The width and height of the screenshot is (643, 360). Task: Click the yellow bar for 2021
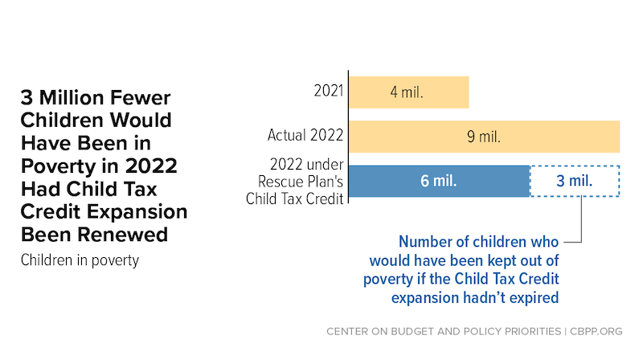pyautogui.click(x=409, y=92)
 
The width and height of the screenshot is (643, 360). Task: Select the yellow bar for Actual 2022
pyautogui.click(x=485, y=137)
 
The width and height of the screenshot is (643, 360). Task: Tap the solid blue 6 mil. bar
pyautogui.click(x=439, y=181)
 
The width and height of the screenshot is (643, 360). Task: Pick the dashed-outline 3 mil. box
pyautogui.click(x=575, y=181)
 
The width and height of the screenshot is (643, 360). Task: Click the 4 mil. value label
pyautogui.click(x=407, y=92)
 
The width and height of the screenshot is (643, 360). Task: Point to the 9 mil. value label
pyautogui.click(x=484, y=137)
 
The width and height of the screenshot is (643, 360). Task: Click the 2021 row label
pyautogui.click(x=329, y=91)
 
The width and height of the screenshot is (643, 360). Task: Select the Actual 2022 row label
pyautogui.click(x=305, y=135)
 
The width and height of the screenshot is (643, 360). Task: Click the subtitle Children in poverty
pyautogui.click(x=80, y=260)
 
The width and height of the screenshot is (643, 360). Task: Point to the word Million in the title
pyautogui.click(x=72, y=97)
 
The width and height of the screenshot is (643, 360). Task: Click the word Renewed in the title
pyautogui.click(x=123, y=235)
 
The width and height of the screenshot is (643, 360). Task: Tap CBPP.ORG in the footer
pyautogui.click(x=596, y=331)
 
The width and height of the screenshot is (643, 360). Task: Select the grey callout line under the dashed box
pyautogui.click(x=581, y=219)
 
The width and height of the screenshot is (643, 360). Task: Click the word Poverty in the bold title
pyautogui.click(x=58, y=166)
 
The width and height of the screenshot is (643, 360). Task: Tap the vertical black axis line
pyautogui.click(x=348, y=137)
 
